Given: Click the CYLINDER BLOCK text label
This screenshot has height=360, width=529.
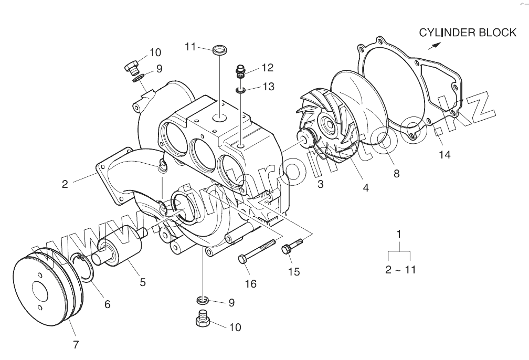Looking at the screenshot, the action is pos(468,33).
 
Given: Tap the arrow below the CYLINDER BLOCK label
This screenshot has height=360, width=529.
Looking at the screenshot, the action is pos(435,46).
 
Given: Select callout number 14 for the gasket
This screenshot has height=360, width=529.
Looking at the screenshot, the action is pos(445,155).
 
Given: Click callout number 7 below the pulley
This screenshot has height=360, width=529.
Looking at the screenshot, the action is pos(76,345).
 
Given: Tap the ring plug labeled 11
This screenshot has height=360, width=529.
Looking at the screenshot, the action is pos(219,50).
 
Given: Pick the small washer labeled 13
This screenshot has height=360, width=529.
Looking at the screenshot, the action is pos(240,90).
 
